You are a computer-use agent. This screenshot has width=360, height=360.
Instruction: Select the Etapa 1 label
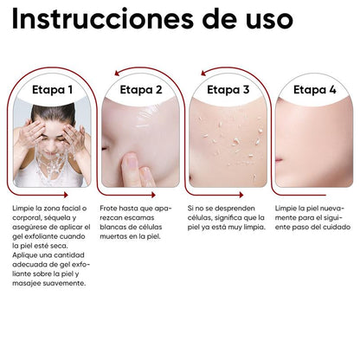(53, 88)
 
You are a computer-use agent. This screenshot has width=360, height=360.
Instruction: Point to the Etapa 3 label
(228, 88)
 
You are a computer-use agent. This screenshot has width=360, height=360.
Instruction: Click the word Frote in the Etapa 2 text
(110, 209)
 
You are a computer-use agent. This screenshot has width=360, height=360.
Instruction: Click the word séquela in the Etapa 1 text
(61, 221)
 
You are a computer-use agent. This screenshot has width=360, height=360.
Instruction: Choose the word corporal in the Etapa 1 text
(28, 221)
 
